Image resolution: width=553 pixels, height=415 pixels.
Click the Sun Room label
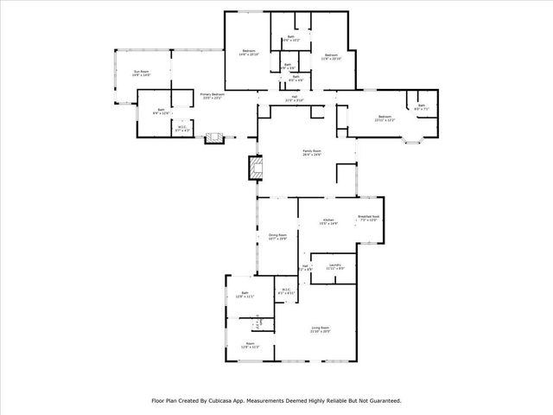[x=140, y=72]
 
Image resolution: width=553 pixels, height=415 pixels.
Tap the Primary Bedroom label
[x=213, y=94]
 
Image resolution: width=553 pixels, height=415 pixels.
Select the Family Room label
[x=311, y=150]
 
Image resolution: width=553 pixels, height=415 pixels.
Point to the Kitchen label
[x=328, y=220]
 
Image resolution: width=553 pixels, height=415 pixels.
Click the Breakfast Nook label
[x=369, y=216]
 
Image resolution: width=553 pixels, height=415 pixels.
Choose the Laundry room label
[x=335, y=265]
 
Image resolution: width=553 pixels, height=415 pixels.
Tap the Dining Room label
[x=277, y=234]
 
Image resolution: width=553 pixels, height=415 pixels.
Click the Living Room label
[x=321, y=328]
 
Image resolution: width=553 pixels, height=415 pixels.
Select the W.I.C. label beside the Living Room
[x=286, y=290]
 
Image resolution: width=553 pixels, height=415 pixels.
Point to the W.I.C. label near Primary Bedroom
[x=182, y=127]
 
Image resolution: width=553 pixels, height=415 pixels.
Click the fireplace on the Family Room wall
[x=254, y=167]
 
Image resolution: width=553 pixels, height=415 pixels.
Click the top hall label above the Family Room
[x=295, y=96]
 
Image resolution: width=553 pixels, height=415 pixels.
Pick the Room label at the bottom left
[x=250, y=343]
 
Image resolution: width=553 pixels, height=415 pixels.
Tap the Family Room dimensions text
[x=311, y=155]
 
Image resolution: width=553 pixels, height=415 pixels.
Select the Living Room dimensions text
[x=321, y=332]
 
